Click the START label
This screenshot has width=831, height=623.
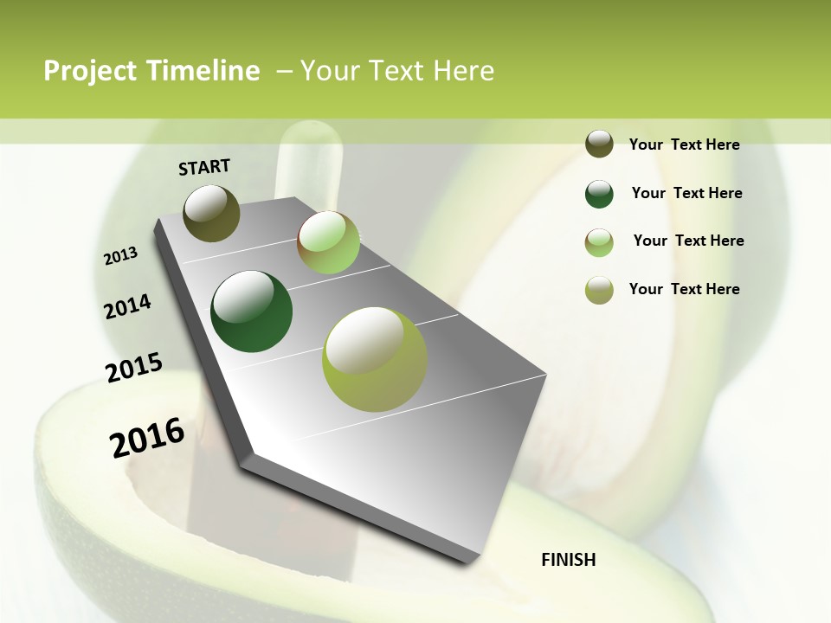click(204, 167)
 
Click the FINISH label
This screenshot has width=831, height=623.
click(569, 560)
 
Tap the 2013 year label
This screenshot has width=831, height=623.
click(120, 256)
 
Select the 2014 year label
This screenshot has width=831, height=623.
click(127, 306)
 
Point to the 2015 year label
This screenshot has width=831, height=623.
click(134, 368)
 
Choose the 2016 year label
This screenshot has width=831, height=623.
click(147, 437)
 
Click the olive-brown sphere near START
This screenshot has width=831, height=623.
click(211, 213)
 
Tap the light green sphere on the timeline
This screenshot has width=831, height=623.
click(328, 242)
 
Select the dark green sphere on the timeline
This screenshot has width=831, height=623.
click(251, 311)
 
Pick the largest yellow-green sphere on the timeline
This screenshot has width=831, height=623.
click(375, 359)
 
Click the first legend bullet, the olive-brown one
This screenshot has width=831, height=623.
click(599, 145)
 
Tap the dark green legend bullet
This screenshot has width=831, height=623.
click(599, 194)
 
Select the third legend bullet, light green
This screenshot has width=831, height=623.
click(599, 241)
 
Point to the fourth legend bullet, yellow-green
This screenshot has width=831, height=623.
click(599, 290)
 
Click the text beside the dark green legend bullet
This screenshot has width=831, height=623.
click(686, 193)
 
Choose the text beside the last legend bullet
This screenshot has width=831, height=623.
click(684, 289)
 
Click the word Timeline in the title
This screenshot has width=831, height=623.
click(203, 71)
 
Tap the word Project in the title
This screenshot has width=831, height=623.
click(91, 71)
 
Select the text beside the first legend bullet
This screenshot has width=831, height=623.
click(684, 145)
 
